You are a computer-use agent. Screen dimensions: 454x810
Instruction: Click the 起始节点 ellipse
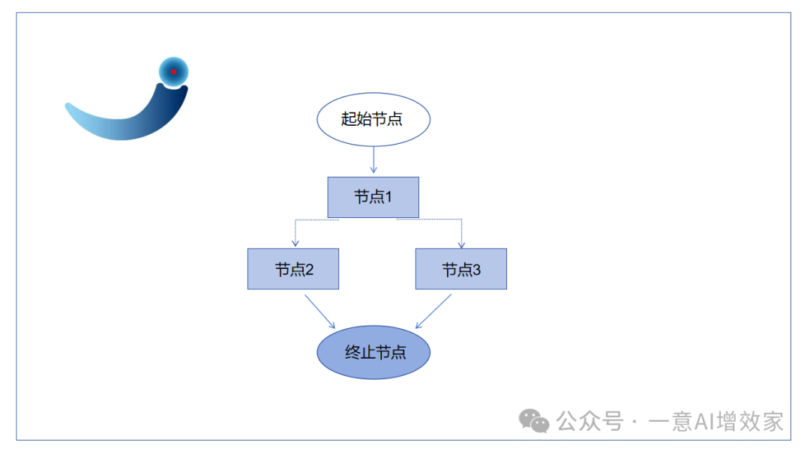tap(373, 119)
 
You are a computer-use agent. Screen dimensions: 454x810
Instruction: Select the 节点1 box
tap(373, 197)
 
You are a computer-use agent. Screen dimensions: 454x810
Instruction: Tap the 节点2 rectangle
tap(293, 269)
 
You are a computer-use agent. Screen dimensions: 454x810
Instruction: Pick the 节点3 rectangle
tap(461, 269)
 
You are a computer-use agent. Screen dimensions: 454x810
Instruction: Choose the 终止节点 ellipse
tap(373, 352)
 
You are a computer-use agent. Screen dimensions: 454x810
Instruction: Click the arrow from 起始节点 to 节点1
tap(373, 159)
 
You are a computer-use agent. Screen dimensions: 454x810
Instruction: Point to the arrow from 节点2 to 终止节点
tap(319, 311)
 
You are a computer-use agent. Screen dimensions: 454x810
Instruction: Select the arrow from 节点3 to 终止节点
tap(433, 311)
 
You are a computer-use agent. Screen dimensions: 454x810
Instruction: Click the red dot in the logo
tap(173, 72)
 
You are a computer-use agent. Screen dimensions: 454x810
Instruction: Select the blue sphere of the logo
tap(173, 72)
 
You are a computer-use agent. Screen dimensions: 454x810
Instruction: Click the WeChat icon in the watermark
tap(535, 421)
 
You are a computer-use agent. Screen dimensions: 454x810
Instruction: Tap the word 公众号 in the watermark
tap(590, 421)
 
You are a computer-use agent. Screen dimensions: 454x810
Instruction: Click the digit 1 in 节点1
tap(388, 197)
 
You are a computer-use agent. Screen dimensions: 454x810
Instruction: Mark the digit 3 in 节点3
tap(476, 270)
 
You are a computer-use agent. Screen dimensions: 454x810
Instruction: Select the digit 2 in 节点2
tap(308, 270)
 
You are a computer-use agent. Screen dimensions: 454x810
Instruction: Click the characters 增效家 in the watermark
tap(751, 421)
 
